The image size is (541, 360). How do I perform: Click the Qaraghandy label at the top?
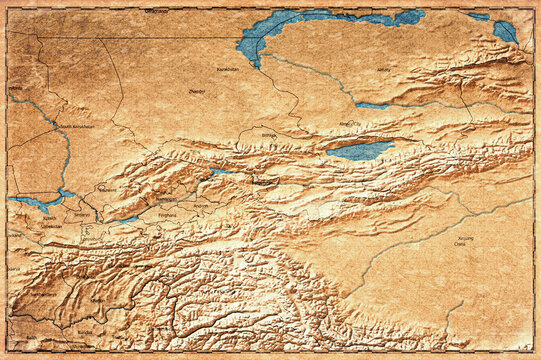(156, 10)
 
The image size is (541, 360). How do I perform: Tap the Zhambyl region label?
(196, 91)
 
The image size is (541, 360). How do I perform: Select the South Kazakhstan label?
(76, 126)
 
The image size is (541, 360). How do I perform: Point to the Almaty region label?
(383, 70)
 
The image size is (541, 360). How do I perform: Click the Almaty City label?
(350, 124)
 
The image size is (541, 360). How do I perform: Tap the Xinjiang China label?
(461, 242)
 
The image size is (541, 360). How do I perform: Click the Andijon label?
(201, 207)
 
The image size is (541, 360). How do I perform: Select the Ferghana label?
(167, 214)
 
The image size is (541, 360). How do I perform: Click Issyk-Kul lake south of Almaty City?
(360, 150)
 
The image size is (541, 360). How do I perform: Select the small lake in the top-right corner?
(505, 31)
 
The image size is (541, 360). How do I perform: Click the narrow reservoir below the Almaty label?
(372, 104)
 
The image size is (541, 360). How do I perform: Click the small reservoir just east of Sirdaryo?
(128, 218)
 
